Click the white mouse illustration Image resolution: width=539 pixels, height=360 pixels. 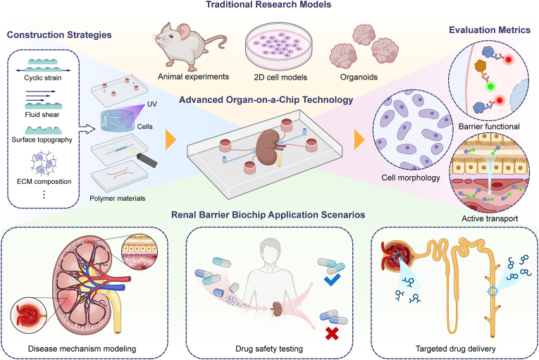[x=187, y=44]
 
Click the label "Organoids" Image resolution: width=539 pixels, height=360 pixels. [x=359, y=77]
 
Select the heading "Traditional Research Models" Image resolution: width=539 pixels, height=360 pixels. [x=268, y=5]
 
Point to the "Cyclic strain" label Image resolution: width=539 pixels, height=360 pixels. [x=42, y=77]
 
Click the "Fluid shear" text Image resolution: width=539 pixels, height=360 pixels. [x=42, y=115]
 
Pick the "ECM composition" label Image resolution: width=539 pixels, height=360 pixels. [x=44, y=181]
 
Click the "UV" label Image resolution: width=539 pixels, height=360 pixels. [x=152, y=104]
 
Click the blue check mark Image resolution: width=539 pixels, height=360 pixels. [x=332, y=280]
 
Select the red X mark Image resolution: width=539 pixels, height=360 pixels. [x=332, y=333]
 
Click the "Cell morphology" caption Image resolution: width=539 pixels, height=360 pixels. [x=411, y=178]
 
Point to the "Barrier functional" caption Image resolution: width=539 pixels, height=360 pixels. [x=489, y=127]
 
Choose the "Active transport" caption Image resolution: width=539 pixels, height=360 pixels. [x=490, y=218]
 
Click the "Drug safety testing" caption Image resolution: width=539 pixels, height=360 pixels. [x=269, y=349]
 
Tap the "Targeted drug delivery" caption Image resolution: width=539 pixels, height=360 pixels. [x=455, y=349]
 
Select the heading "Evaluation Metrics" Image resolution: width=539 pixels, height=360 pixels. [x=490, y=30]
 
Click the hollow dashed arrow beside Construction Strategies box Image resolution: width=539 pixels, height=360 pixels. [x=87, y=129]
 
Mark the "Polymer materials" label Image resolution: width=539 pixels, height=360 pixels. [x=118, y=199]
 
